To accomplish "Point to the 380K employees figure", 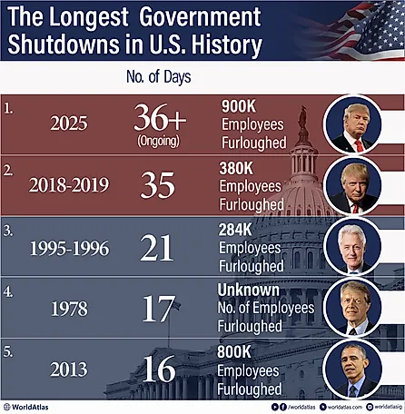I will click(239, 168).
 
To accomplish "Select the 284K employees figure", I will click(239, 231).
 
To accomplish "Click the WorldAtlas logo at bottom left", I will click(36, 406).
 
